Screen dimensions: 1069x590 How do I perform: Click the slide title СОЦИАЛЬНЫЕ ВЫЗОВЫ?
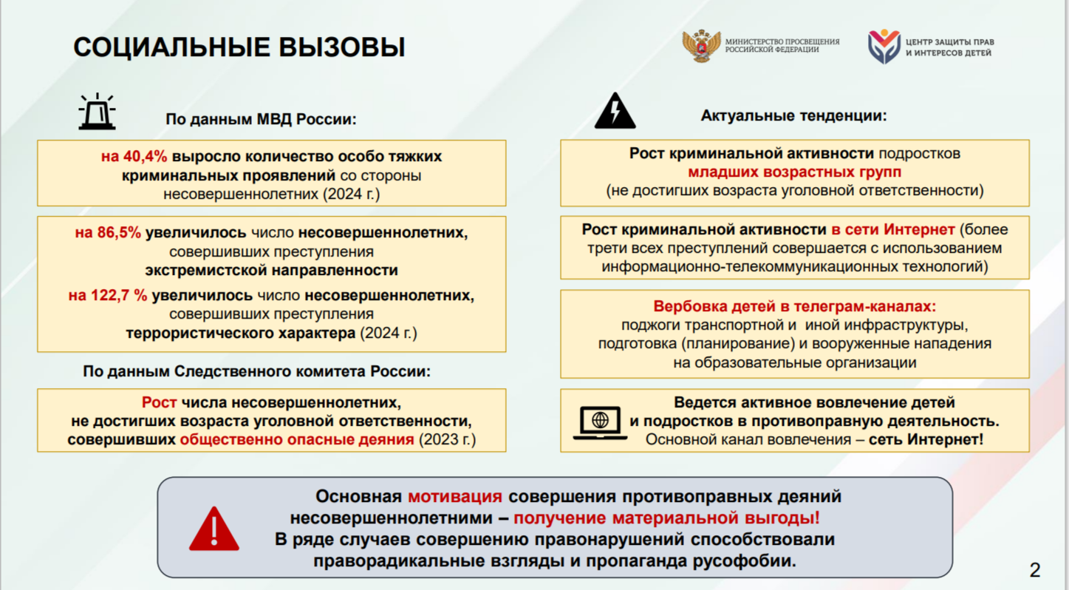[x=239, y=47]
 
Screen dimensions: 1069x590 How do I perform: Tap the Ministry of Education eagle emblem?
[x=701, y=46]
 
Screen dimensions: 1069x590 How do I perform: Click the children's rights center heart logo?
[x=884, y=46]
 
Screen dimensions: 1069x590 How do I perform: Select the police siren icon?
[x=97, y=112]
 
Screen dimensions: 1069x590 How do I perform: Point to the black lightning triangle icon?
[x=615, y=111]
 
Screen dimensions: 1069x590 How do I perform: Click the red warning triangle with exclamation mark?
[x=214, y=529]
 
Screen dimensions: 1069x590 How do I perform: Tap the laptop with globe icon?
[x=600, y=423]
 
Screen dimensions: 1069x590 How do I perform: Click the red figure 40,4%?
[x=145, y=156]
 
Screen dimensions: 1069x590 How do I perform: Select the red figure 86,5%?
[x=119, y=233]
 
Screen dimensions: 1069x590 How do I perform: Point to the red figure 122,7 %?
[x=119, y=295]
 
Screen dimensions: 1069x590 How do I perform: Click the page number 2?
[x=1034, y=570]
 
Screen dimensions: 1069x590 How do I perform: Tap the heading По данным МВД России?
[x=261, y=119]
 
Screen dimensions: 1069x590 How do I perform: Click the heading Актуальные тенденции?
[x=793, y=115]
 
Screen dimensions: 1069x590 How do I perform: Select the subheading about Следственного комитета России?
[x=257, y=371]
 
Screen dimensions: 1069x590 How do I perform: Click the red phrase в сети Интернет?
[x=893, y=230]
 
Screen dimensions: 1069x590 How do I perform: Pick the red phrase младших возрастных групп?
[x=795, y=172]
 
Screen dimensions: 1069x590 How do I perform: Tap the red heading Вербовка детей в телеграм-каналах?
[x=795, y=306]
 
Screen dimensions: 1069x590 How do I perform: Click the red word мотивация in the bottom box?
[x=455, y=497]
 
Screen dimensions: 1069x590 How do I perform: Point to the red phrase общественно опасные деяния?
[x=297, y=439]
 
